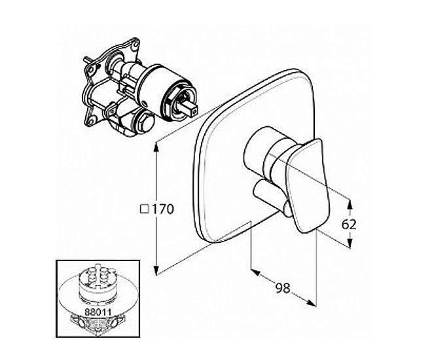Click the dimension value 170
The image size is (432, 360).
(162, 209)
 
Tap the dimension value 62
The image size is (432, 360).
(349, 225)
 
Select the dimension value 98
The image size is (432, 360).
(283, 288)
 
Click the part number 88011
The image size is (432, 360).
(98, 312)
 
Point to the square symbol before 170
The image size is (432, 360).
(145, 209)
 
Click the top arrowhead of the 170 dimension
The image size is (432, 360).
(156, 148)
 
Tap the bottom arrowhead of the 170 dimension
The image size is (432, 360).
(156, 270)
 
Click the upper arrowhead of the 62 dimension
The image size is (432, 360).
(350, 204)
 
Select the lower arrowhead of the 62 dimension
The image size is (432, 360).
(350, 243)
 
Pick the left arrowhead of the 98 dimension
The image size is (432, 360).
(255, 272)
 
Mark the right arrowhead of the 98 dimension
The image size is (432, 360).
(312, 302)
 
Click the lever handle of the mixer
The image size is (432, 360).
(308, 185)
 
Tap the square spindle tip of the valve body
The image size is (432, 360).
(192, 108)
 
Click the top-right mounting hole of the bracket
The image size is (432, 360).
(135, 44)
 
